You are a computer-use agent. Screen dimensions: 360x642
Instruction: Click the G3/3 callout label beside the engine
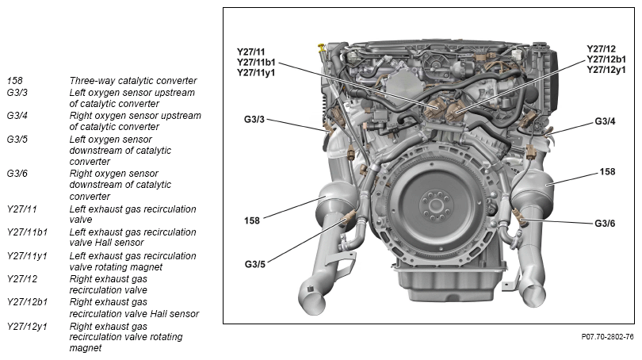click(254, 120)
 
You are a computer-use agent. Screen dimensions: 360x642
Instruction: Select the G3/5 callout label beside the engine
click(254, 264)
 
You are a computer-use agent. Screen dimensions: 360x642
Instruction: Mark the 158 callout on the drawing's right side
click(607, 172)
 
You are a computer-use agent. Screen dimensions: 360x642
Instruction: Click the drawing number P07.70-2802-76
click(607, 337)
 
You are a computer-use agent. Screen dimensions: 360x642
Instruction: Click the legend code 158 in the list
click(14, 81)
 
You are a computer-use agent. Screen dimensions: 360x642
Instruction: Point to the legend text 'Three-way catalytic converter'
click(133, 81)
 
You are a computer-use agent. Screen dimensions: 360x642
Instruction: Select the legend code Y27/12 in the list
click(21, 278)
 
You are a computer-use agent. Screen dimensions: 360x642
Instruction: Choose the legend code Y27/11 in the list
click(21, 209)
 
